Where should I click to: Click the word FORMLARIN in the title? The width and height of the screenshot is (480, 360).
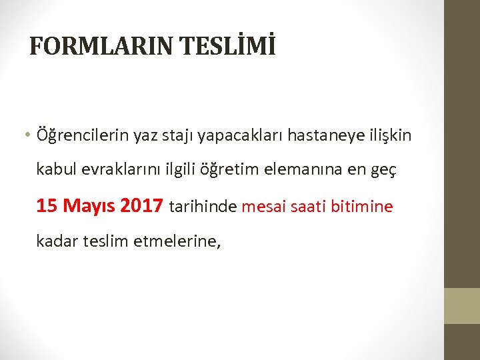pos(94,46)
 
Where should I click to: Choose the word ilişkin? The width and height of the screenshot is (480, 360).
pos(391,135)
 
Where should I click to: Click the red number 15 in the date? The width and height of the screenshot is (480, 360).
pos(47,206)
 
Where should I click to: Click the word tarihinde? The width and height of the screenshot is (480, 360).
pos(203,207)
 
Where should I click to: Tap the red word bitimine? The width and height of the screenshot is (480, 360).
pos(367,207)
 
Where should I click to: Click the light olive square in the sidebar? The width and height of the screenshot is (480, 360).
pos(462,305)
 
